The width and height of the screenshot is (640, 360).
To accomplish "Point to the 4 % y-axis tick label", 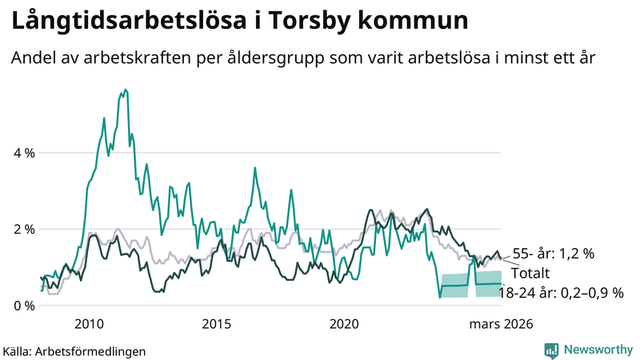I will [24, 153].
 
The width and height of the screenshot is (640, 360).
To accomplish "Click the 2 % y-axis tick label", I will [24, 230].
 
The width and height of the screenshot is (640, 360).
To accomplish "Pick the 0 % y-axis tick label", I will [24, 306].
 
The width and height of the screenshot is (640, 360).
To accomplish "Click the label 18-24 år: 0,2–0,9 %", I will [560, 293].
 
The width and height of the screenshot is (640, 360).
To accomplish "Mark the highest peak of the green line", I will [124, 90].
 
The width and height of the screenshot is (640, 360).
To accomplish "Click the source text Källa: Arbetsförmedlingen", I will [74, 350].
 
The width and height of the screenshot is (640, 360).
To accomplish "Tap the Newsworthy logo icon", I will [551, 350].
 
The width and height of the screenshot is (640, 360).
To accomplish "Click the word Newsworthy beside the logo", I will [596, 350].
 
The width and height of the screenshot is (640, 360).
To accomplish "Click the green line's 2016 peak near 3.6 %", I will [254, 169].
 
